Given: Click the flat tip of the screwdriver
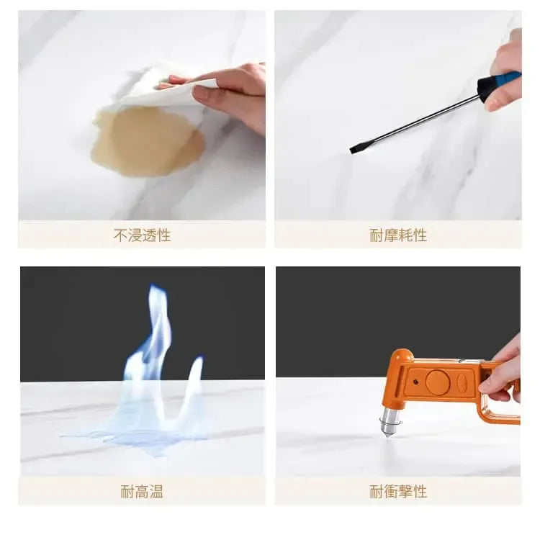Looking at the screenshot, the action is tap(354, 150).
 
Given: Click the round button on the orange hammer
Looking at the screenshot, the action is tap(438, 382).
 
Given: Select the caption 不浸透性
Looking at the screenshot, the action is tap(142, 235).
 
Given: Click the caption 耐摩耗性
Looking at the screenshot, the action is tap(398, 235).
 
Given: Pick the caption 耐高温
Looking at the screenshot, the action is tap(142, 492).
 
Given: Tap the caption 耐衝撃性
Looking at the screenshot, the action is tap(398, 492).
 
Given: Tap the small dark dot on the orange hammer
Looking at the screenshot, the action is tap(415, 382).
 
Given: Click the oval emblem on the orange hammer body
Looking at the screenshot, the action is tap(462, 381).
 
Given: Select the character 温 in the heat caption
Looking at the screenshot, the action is tap(156, 492).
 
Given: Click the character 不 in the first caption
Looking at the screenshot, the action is tap(120, 235).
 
